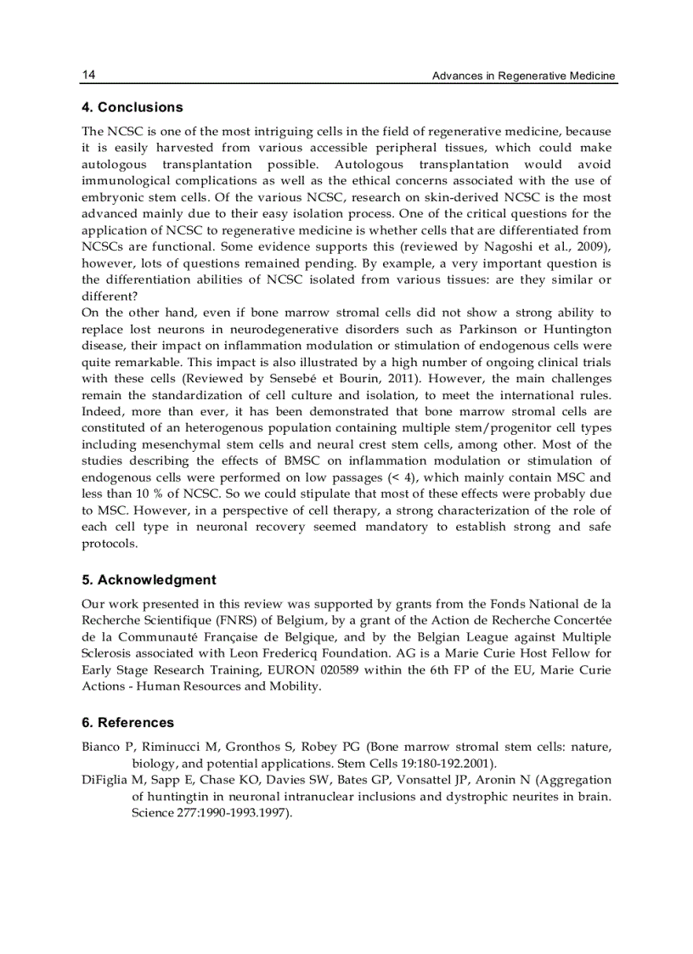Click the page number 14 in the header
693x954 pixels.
[88, 76]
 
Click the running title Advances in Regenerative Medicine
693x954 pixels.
[523, 76]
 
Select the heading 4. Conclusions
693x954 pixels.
[132, 108]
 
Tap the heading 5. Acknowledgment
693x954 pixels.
[149, 580]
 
